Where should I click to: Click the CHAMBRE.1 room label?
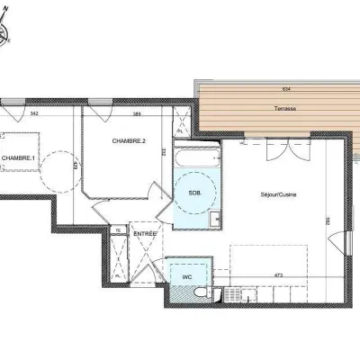(x=18, y=158)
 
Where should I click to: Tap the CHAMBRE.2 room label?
(x=130, y=141)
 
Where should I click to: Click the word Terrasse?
(x=263, y=107)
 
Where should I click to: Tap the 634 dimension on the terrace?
(x=261, y=89)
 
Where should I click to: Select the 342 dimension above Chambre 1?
(x=34, y=113)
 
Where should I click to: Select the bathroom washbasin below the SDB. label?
(x=217, y=218)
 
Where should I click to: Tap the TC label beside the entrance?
(x=117, y=231)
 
